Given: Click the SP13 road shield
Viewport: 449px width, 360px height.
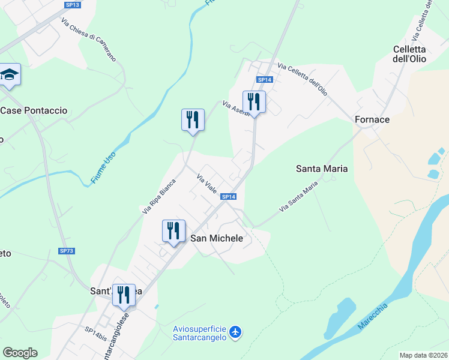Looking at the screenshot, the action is click(72, 5).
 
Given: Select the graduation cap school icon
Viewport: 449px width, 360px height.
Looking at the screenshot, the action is click(10, 74).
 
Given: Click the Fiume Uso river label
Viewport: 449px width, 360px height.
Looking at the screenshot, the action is click(104, 167).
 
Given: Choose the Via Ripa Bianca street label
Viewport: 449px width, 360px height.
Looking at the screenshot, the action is click(159, 196).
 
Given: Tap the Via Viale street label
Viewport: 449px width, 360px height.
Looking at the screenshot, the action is click(206, 183).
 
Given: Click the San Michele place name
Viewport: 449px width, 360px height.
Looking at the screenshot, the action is click(217, 238).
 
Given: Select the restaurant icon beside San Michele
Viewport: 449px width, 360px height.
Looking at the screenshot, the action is click(173, 230).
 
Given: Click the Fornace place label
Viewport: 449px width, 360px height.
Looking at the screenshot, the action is click(372, 119).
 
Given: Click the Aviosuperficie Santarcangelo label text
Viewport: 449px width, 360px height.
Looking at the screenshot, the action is click(199, 333).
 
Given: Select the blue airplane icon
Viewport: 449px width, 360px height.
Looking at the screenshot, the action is click(235, 331).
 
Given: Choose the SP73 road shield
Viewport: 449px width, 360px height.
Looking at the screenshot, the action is click(67, 250).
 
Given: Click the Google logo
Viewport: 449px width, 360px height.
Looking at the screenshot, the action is click(20, 353).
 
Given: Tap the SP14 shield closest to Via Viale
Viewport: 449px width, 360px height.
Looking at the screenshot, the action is click(228, 197).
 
